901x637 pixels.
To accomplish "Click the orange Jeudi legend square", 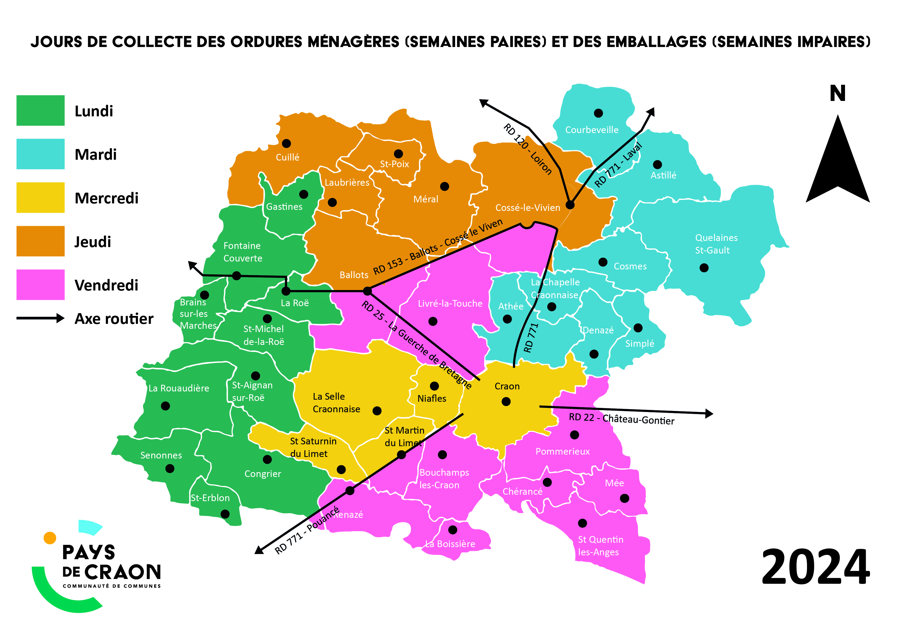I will (x=40, y=241).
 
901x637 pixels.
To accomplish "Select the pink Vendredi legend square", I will (x=40, y=285).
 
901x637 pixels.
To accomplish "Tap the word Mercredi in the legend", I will (x=106, y=198).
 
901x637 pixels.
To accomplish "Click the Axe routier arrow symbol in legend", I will (x=40, y=318).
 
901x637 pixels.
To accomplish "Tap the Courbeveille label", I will (x=592, y=130).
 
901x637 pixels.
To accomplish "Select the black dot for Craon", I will (x=506, y=401).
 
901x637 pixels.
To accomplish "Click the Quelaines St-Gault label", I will (x=716, y=244).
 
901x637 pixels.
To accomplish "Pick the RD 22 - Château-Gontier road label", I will (x=621, y=419).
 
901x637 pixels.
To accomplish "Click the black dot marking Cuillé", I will (x=286, y=143).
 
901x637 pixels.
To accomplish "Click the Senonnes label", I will (x=161, y=455).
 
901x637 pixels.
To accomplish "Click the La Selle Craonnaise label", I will (x=336, y=403).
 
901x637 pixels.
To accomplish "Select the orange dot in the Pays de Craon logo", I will (x=50, y=538).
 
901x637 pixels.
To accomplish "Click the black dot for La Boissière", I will (x=453, y=530).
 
